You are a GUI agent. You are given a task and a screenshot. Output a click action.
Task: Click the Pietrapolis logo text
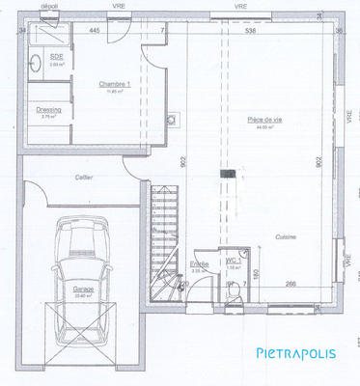click(x=295, y=353)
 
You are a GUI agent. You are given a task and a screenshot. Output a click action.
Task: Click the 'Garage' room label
click(x=83, y=289)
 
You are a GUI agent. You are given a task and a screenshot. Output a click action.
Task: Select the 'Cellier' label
click(x=84, y=178)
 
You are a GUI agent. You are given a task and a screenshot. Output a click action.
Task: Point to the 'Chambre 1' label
click(x=114, y=84)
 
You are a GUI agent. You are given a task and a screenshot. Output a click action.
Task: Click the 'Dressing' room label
click(x=49, y=110)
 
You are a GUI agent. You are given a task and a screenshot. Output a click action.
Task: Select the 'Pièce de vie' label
click(x=264, y=119)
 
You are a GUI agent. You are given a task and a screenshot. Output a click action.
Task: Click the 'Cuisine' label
click(x=284, y=235)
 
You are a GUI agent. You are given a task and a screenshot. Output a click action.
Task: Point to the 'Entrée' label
click(x=199, y=263)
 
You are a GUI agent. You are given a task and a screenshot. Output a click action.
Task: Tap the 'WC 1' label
click(x=233, y=261)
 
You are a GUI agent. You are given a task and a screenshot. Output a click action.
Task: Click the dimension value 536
click(x=251, y=32)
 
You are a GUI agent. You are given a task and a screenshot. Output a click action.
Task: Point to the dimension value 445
click(x=95, y=32)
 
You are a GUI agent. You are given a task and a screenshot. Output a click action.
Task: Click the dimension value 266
click(x=290, y=282)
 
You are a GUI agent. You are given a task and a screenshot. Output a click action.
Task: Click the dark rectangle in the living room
click(x=228, y=174)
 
